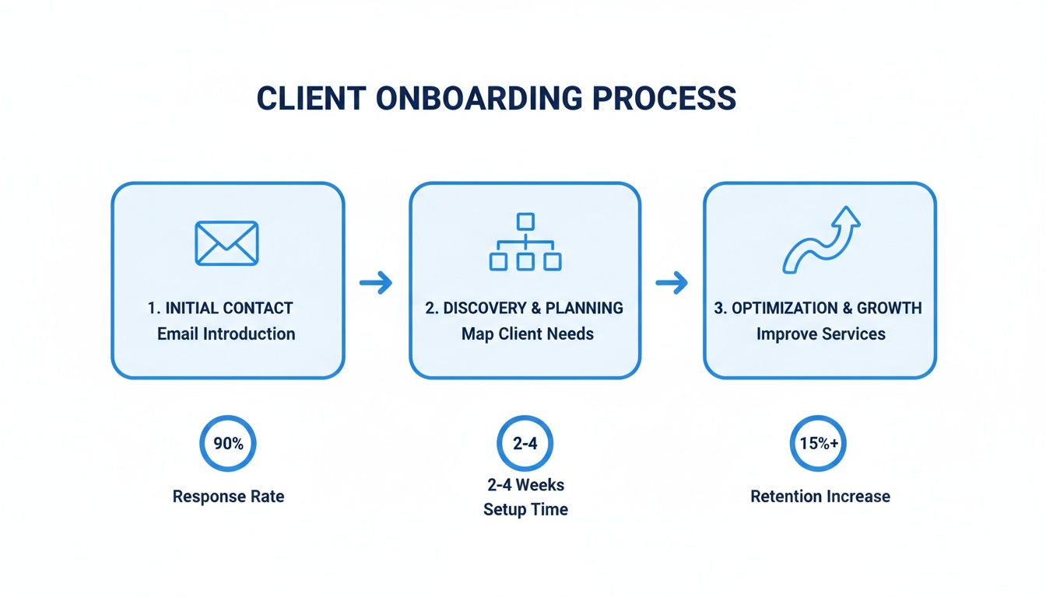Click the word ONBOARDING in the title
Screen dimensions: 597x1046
(x=478, y=99)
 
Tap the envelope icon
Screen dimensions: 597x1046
(x=226, y=243)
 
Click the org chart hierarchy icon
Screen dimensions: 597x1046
(x=525, y=242)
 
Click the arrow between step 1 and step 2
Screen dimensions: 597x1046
(x=376, y=284)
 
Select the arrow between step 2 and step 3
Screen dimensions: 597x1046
(x=672, y=284)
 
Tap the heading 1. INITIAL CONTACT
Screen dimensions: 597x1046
(x=220, y=308)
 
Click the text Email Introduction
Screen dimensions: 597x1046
(x=226, y=334)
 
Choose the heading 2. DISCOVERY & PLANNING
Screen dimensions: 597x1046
(x=525, y=308)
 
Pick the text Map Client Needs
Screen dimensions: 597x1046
(x=528, y=334)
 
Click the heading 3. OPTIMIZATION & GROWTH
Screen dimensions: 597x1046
(x=818, y=308)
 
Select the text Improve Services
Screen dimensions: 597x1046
(x=821, y=334)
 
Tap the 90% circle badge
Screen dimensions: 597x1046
(x=228, y=444)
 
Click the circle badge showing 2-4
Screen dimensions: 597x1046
(x=525, y=444)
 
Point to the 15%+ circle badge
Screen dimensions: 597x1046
(x=818, y=444)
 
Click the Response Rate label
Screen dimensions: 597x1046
(x=228, y=497)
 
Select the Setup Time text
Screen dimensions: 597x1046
(x=525, y=510)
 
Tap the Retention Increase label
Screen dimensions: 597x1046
(x=820, y=497)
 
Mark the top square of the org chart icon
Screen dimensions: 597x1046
(x=525, y=221)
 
